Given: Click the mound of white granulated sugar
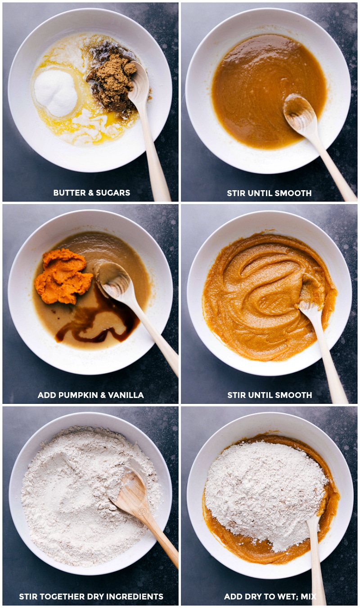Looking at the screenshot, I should [56, 93].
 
